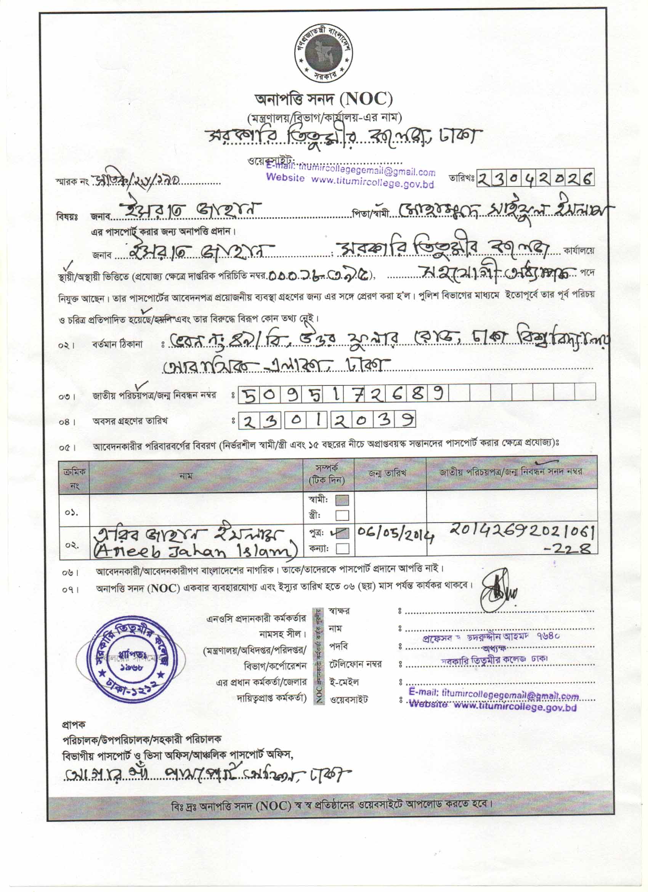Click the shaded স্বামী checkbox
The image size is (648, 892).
tap(342, 500)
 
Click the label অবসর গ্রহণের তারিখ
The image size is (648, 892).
tap(130, 422)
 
